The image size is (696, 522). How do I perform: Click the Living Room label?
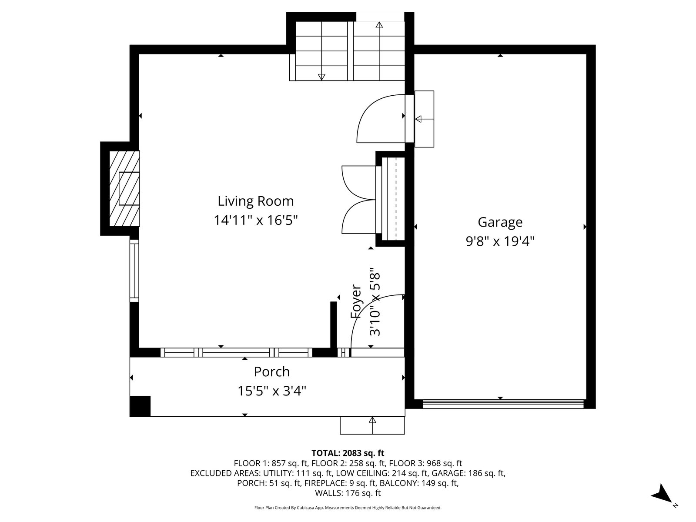(256, 201)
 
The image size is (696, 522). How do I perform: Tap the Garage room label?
(500, 222)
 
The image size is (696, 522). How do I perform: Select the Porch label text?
(272, 372)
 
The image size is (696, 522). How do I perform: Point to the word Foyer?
(356, 301)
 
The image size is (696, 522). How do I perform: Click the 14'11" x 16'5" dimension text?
(256, 220)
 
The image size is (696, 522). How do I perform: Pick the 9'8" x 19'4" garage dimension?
(500, 241)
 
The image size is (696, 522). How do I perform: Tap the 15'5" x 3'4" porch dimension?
(272, 391)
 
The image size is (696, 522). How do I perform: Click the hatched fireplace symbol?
(124, 189)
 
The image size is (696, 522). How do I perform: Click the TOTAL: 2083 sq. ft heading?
(348, 453)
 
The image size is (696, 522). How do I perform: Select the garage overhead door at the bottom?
(503, 404)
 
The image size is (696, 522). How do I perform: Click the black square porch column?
(140, 406)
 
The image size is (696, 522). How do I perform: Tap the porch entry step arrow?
(372, 425)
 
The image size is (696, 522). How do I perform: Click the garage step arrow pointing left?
(424, 119)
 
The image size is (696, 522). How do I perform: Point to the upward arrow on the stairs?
(379, 51)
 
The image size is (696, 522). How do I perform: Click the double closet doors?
(359, 200)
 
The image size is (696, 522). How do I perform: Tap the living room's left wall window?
(134, 271)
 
